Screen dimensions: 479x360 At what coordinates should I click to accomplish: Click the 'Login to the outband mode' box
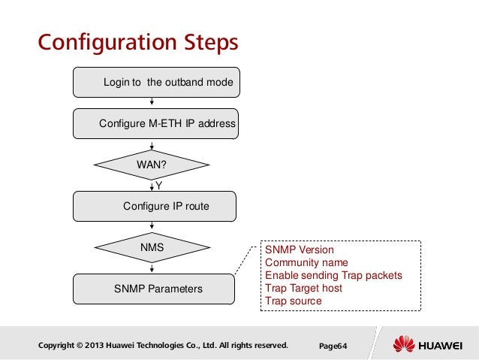(x=156, y=82)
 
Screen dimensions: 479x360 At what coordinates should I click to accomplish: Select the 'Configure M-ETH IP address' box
(x=156, y=123)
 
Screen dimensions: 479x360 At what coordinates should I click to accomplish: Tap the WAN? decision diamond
(x=152, y=165)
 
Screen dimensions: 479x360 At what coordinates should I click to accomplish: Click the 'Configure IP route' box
(x=155, y=207)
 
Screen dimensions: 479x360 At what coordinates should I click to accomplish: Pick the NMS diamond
(x=152, y=247)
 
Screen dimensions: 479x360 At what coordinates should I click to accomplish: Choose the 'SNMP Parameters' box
(x=154, y=289)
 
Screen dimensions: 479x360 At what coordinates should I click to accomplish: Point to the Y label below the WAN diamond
(x=159, y=186)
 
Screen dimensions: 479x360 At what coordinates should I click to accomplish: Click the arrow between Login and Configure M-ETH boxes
(x=152, y=101)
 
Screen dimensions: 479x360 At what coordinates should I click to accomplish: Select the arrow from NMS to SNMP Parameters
(x=152, y=268)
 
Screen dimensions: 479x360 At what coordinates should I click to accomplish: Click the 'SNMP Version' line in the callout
(x=300, y=250)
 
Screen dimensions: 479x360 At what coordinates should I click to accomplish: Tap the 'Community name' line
(x=306, y=262)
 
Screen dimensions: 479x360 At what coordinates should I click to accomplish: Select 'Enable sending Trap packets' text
(x=333, y=275)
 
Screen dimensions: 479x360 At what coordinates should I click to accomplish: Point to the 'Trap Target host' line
(x=303, y=288)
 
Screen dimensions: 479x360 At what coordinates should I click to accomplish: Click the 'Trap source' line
(x=294, y=301)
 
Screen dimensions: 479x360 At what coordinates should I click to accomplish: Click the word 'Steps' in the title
(x=211, y=43)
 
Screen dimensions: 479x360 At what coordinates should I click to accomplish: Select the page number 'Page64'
(x=333, y=346)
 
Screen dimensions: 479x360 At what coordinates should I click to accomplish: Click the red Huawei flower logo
(x=404, y=343)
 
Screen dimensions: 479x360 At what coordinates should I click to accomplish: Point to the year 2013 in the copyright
(x=94, y=345)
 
